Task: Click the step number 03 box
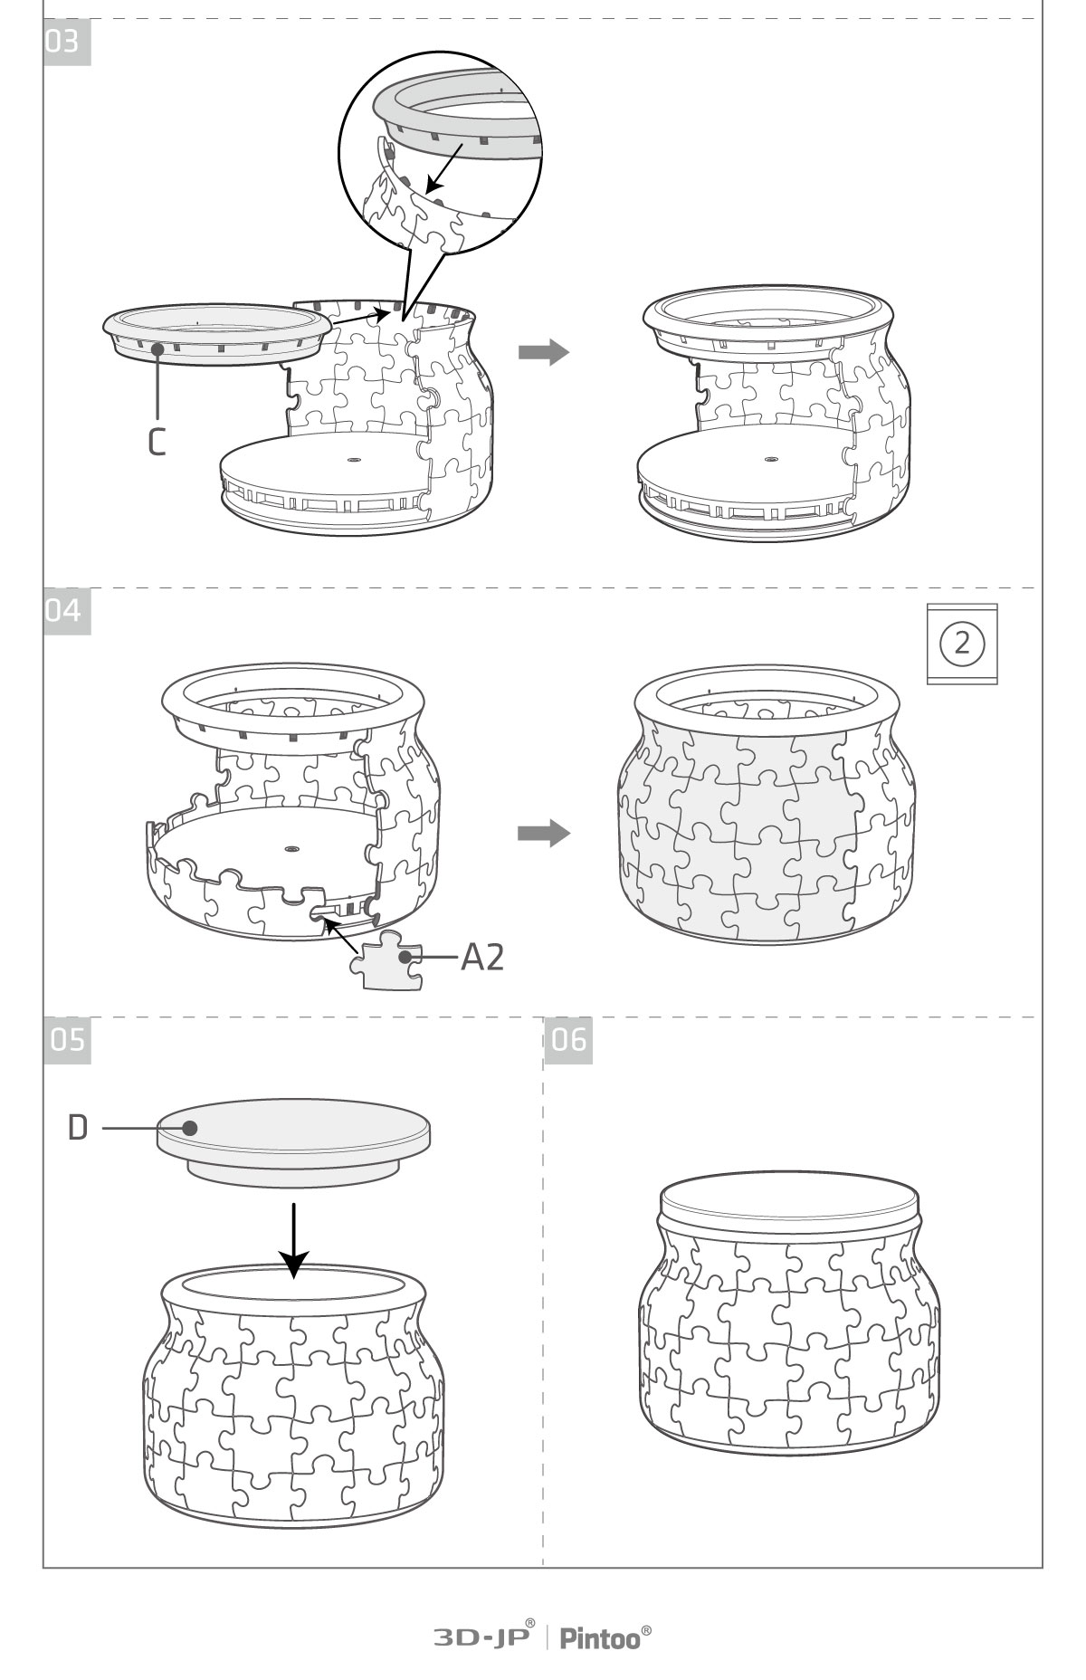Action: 68,43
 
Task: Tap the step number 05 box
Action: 68,1040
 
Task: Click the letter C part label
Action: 157,441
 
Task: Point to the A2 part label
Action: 482,957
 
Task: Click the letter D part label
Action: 78,1128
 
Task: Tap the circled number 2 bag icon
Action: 962,644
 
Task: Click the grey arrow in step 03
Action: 544,353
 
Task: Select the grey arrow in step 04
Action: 544,833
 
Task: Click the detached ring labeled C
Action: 216,334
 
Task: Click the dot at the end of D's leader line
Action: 189,1128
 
